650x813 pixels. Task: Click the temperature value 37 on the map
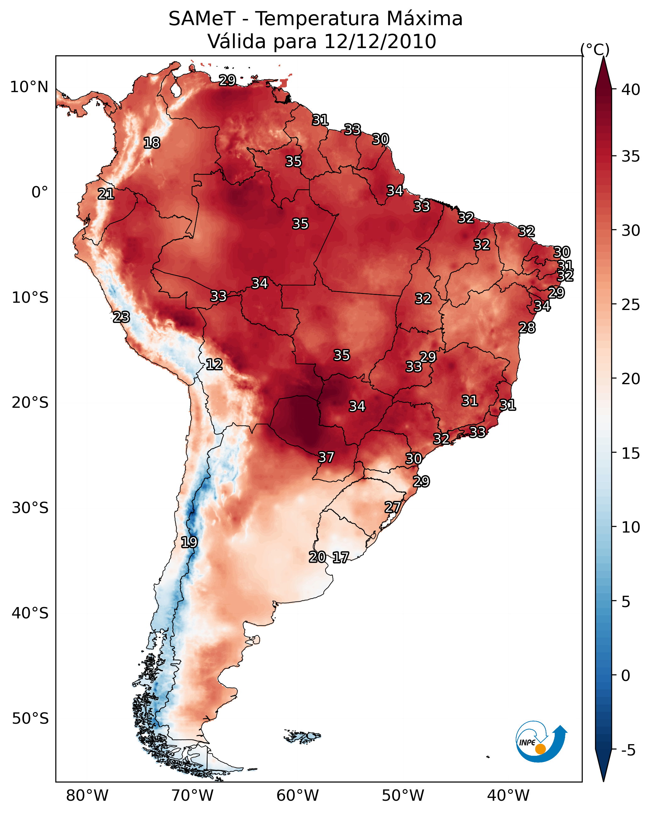(x=326, y=457)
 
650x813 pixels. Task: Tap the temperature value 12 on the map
(x=214, y=364)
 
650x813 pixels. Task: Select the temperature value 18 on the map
(x=152, y=143)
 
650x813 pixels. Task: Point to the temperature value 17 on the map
(x=341, y=557)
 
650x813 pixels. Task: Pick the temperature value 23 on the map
(x=121, y=317)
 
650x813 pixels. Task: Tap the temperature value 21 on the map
(x=106, y=194)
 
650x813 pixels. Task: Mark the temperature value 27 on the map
(x=393, y=507)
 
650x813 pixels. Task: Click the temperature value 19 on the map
(x=189, y=542)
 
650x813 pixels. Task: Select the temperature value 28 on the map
(x=527, y=328)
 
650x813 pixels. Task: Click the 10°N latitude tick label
(x=29, y=87)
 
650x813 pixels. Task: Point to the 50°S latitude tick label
(x=30, y=719)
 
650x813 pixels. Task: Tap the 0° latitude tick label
(x=40, y=192)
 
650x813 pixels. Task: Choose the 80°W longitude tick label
(x=87, y=796)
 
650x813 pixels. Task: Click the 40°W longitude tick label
(x=508, y=796)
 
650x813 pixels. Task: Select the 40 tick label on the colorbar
(x=631, y=90)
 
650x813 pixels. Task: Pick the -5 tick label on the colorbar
(x=628, y=750)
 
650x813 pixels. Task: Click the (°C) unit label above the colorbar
(x=595, y=49)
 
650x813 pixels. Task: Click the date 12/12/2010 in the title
(x=380, y=41)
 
